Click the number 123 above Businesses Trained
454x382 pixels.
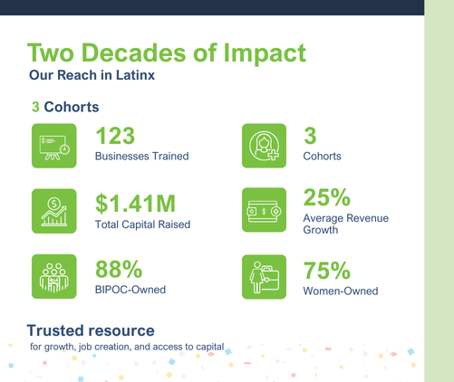pos(115,136)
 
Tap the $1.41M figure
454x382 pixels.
pos(135,204)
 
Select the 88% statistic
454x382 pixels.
pos(119,269)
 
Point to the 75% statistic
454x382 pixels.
pos(327,271)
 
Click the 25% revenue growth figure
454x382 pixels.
pos(327,197)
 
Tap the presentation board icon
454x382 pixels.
pos(54,146)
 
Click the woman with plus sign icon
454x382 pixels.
pos(264,146)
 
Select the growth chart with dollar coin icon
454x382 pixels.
pos(54,211)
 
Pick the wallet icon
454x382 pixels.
pos(264,210)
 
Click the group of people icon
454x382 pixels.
pos(54,276)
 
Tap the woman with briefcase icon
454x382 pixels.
pos(264,277)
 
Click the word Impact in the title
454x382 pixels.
pos(265,53)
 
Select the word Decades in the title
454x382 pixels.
pos(134,53)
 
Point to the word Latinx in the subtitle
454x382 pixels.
pos(135,75)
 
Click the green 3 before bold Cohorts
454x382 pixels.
pos(35,107)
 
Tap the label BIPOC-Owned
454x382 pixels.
pos(130,290)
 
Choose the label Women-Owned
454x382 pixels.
pos(341,291)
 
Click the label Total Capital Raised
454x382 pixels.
pos(142,224)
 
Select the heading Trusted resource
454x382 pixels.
pos(91,330)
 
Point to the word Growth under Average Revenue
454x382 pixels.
pos(321,230)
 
